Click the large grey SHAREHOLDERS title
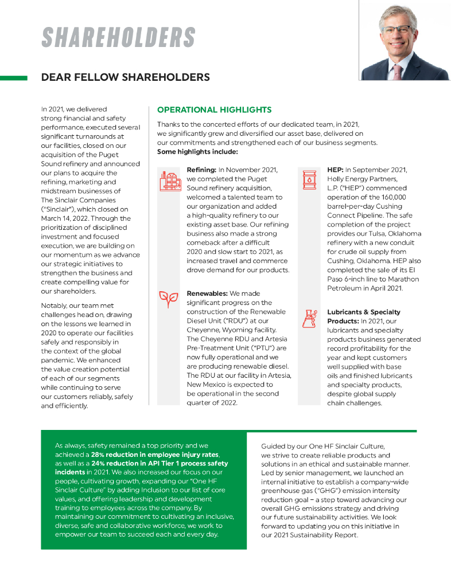tap(118, 38)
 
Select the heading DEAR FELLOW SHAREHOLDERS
tap(125, 77)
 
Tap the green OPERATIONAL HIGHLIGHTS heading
tap(214, 109)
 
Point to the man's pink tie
tap(397, 72)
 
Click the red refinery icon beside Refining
tap(169, 181)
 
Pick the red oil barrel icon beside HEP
tap(309, 179)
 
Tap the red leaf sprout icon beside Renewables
tap(168, 299)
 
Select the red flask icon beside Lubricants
tap(309, 318)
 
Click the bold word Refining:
tap(201, 170)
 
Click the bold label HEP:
tap(335, 170)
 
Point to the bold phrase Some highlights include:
tap(197, 152)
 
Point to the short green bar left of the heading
tap(14, 77)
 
